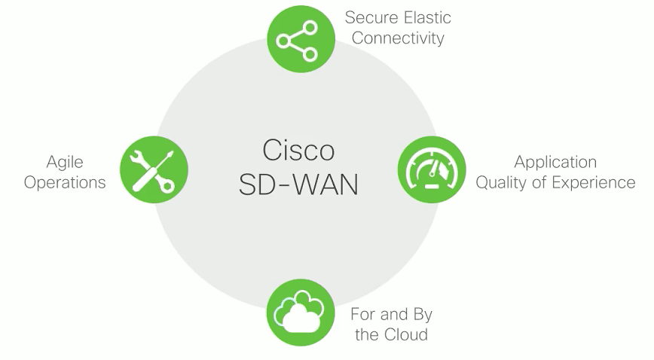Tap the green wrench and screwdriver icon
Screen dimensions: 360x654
[x=154, y=169]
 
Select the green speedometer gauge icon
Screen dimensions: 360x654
[x=431, y=169]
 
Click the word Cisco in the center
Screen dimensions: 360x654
[x=298, y=149]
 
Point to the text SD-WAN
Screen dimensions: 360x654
[x=298, y=185]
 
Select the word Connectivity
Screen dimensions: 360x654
[x=398, y=38]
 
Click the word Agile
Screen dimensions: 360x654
[x=65, y=162]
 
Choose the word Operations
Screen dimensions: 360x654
[x=65, y=182]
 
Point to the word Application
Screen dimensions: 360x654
[x=555, y=162]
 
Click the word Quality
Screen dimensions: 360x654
[x=502, y=182]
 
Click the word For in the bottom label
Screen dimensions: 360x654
[x=363, y=314]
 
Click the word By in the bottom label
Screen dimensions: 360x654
[x=423, y=314]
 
